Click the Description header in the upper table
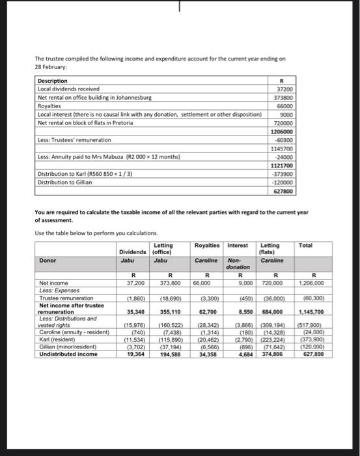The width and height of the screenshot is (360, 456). click(x=53, y=81)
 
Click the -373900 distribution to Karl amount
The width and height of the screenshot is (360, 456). click(x=283, y=174)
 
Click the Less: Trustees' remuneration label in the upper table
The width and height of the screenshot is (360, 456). click(x=74, y=139)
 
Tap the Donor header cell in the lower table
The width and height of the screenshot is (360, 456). click(x=48, y=259)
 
